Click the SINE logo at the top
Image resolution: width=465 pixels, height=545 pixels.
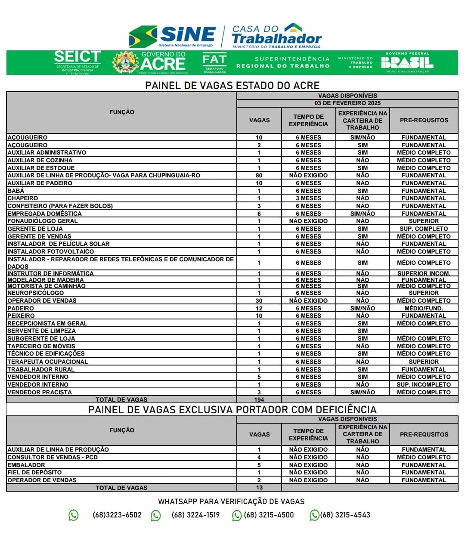(172, 36)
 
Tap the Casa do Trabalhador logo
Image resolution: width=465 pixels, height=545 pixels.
(276, 36)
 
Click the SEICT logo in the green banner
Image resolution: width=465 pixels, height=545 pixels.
(77, 62)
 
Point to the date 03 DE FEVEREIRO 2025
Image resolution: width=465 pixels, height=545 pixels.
(347, 103)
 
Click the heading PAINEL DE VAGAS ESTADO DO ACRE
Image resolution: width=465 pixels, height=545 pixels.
(232, 85)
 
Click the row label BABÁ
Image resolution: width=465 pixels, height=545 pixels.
(16, 191)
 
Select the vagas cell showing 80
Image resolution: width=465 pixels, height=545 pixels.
(259, 175)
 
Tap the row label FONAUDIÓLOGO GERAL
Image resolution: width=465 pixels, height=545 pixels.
(43, 221)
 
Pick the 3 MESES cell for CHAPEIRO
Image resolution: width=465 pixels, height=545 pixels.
(308, 198)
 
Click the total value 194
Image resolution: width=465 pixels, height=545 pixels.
(259, 399)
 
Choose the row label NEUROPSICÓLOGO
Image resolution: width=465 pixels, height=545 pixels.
(36, 293)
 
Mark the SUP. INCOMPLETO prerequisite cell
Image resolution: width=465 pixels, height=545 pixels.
(424, 384)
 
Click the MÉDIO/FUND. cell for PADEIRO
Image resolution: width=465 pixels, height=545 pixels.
(424, 308)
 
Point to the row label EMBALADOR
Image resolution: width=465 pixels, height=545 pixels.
(26, 465)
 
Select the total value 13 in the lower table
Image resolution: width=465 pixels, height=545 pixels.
(259, 487)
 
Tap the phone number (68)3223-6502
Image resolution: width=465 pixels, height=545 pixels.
(117, 515)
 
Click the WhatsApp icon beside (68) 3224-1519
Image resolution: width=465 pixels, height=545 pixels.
(156, 515)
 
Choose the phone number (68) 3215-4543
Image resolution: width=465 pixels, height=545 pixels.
(345, 515)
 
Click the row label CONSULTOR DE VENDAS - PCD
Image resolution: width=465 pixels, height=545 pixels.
(53, 457)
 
